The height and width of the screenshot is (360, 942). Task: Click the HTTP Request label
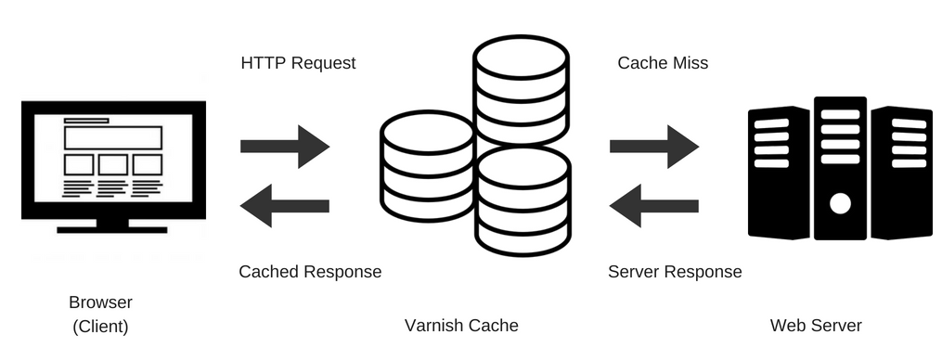[x=298, y=64]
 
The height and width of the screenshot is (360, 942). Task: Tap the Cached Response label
[x=310, y=272]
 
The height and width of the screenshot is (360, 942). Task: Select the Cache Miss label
[x=663, y=64]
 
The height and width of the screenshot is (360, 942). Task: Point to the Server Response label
[x=675, y=272]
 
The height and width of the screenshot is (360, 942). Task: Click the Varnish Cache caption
[x=461, y=326]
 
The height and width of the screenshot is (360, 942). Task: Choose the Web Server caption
[x=816, y=326]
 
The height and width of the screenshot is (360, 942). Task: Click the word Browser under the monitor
[x=100, y=302]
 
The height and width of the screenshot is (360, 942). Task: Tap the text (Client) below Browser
[x=100, y=327]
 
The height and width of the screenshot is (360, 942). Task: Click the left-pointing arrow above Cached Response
[x=285, y=205]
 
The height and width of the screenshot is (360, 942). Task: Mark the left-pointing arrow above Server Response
[x=654, y=205]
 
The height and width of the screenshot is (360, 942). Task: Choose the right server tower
[x=901, y=172]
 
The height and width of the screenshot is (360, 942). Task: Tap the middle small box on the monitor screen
[x=112, y=165]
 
